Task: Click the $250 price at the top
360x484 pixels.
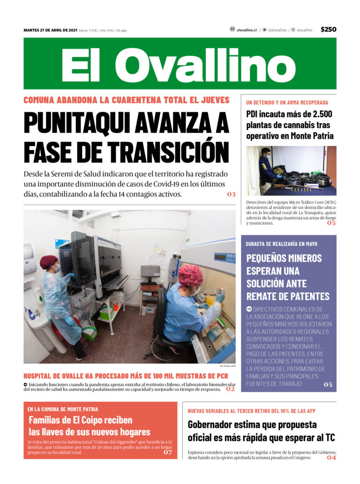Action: [x=328, y=30]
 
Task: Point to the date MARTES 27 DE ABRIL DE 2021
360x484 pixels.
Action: [x=50, y=30]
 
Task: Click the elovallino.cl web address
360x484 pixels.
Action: [x=247, y=30]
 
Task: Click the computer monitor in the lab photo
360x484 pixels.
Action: [x=150, y=274]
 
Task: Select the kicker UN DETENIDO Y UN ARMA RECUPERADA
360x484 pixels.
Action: [x=287, y=102]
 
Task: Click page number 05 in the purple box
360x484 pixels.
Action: [x=328, y=385]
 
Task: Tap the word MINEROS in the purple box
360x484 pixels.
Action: [x=303, y=258]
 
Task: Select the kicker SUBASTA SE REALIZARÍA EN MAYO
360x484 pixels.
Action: [x=281, y=244]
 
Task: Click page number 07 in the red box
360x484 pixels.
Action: [x=167, y=453]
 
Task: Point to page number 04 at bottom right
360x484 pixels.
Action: [x=331, y=458]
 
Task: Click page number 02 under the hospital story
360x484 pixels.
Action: [x=230, y=389]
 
